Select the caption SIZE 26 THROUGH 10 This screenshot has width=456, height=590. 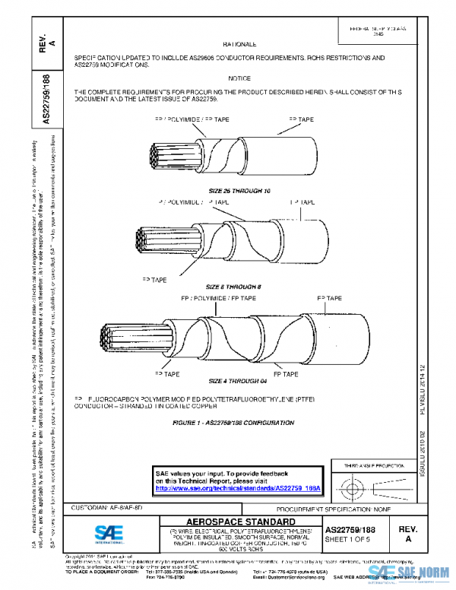point(239,189)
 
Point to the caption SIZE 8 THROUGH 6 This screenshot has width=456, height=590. point(239,286)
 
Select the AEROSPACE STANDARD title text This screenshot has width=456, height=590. point(239,521)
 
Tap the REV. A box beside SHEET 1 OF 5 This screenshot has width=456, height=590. point(407,532)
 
